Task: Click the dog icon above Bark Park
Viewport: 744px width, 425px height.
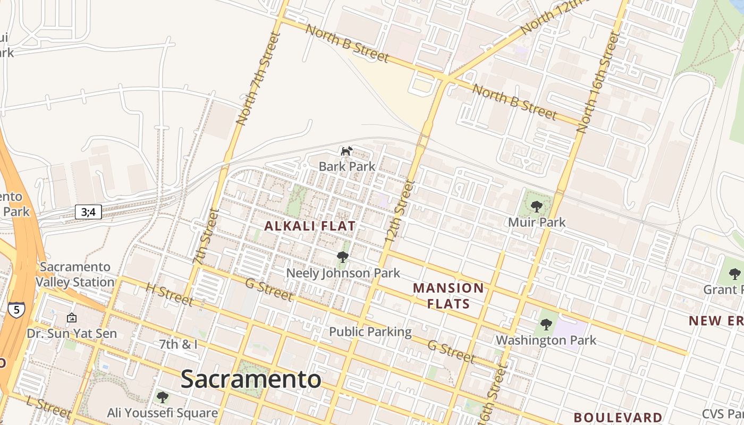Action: tap(346, 151)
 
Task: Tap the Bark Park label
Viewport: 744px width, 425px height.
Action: tap(347, 166)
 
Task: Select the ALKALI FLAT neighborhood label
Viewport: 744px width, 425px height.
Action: tap(310, 226)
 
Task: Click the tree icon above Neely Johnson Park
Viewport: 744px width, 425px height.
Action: tap(343, 258)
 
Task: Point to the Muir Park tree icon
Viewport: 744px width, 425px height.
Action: tap(536, 207)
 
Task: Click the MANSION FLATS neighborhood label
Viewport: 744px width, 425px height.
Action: tap(449, 296)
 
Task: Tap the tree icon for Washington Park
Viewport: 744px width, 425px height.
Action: tap(546, 325)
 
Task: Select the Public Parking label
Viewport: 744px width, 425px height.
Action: tap(370, 332)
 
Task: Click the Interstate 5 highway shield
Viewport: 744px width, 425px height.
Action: tap(16, 310)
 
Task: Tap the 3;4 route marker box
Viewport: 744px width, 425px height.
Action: tap(88, 212)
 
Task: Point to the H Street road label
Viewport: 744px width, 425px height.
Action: tap(170, 294)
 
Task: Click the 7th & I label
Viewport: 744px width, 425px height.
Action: tap(179, 344)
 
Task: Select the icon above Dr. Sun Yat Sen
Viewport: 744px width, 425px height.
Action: tap(72, 318)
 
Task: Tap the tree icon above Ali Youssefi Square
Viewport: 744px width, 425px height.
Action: tap(163, 397)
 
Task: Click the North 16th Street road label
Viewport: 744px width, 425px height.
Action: tap(598, 82)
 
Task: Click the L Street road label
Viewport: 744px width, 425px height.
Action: tap(48, 407)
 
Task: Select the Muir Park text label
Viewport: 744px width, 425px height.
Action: tap(537, 222)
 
